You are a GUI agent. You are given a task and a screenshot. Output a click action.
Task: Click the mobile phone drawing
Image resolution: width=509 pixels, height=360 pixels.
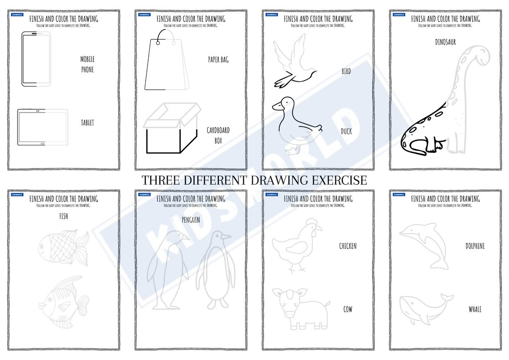point(36,59)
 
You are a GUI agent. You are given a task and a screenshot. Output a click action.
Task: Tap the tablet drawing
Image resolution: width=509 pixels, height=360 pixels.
point(42,127)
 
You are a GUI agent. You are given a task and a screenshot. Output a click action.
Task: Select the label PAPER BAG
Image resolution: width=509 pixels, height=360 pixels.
point(218,59)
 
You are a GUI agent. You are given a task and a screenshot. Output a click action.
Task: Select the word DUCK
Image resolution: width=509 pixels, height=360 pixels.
point(346,132)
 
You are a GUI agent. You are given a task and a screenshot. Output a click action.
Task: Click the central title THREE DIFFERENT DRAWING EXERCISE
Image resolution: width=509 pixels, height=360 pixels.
point(254,180)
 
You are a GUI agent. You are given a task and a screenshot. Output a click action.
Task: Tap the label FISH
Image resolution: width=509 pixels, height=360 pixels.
point(63,216)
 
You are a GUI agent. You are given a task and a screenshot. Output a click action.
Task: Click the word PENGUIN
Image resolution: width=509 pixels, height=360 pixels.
point(191,220)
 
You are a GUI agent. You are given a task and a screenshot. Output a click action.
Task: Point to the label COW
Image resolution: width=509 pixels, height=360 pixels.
point(347,309)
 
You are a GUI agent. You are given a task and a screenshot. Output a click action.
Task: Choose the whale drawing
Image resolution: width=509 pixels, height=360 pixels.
point(425,308)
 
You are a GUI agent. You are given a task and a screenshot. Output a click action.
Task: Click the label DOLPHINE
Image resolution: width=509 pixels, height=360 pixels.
point(475,246)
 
